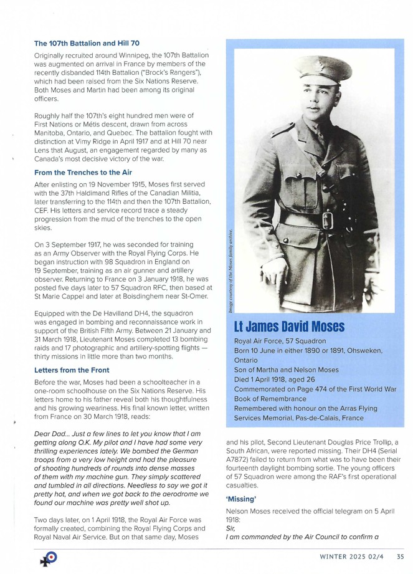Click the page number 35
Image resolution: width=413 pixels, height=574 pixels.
[x=400, y=557]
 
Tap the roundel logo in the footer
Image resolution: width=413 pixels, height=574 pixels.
[x=48, y=558]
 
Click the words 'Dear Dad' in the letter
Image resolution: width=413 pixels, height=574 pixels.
[x=51, y=416]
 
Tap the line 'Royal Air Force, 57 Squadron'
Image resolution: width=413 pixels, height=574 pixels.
[x=280, y=342]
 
